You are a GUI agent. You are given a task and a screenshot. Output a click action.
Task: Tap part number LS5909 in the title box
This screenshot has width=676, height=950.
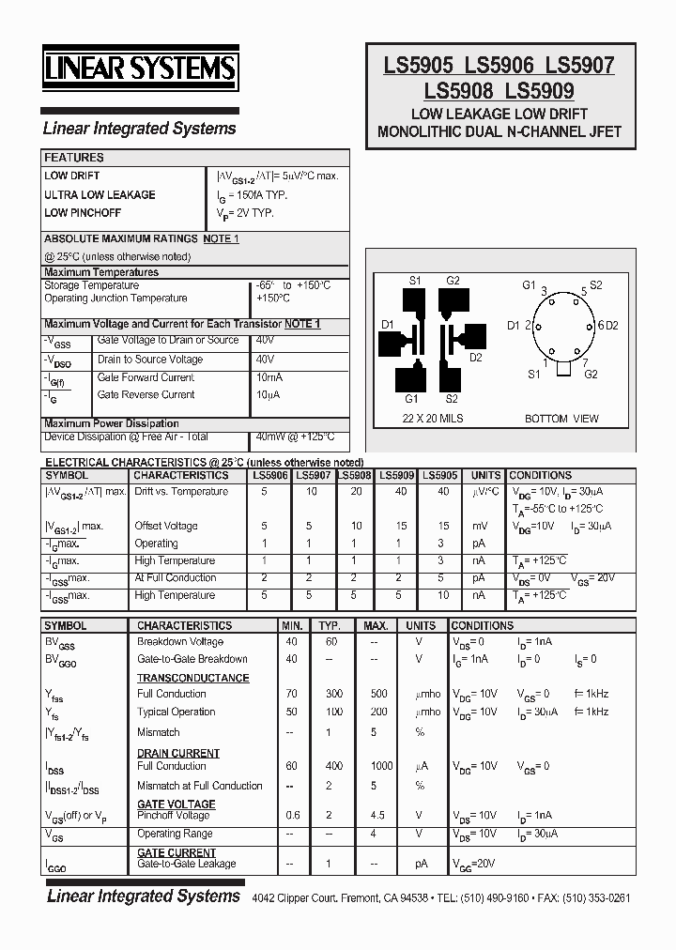[540, 91]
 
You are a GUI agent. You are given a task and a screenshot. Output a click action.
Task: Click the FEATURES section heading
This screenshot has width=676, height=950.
[74, 158]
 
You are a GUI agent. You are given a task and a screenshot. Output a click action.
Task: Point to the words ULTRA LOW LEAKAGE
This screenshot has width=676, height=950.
[100, 194]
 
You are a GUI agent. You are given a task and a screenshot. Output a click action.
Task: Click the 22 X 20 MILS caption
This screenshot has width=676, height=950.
[433, 418]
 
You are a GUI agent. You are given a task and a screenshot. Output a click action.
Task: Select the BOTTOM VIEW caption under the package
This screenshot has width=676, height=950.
[561, 419]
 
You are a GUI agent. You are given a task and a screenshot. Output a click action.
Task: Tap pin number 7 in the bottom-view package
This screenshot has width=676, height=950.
[585, 362]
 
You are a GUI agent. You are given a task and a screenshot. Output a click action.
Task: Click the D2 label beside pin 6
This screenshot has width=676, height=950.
[611, 326]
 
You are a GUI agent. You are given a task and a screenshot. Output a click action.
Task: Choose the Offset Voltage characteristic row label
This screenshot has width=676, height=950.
[166, 526]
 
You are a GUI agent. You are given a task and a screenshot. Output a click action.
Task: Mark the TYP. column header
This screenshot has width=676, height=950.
[329, 625]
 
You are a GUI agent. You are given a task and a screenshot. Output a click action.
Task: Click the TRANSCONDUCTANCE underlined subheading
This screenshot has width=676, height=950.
[192, 677]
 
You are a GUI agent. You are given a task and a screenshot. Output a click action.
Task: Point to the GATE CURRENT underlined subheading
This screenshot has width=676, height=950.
[177, 852]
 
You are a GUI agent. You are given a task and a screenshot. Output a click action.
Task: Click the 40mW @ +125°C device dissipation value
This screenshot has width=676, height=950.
[295, 437]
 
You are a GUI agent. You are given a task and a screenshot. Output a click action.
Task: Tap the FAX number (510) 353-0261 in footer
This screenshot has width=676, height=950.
[596, 897]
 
